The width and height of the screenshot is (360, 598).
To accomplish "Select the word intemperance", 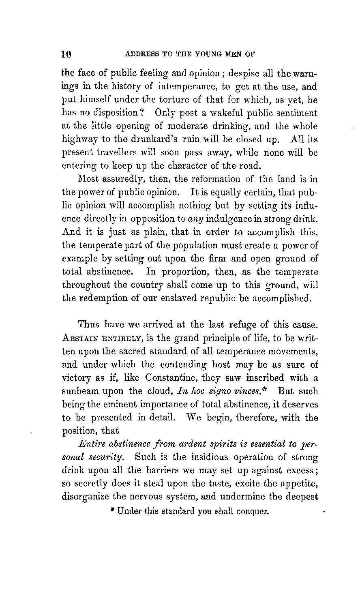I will [183, 87].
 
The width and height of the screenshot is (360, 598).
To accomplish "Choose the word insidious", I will [193, 458].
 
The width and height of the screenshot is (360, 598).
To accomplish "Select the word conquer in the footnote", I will [252, 511].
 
